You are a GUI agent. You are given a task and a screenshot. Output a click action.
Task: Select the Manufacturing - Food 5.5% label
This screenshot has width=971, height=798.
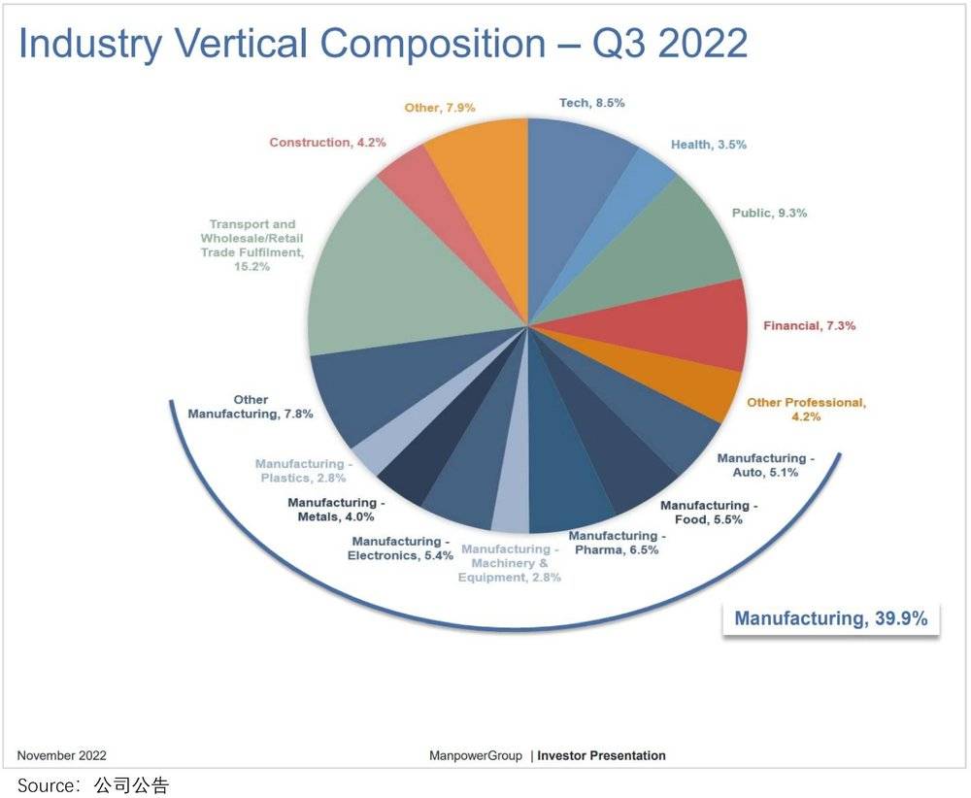(x=709, y=513)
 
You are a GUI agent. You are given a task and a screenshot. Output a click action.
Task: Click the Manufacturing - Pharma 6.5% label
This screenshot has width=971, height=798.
(x=617, y=543)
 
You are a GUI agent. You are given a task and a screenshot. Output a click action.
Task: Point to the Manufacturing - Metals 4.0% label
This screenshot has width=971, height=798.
(x=336, y=510)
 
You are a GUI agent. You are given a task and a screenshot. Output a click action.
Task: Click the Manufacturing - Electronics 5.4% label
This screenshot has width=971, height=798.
(x=400, y=549)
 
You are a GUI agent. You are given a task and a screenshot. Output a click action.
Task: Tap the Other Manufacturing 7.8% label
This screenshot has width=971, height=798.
(x=251, y=407)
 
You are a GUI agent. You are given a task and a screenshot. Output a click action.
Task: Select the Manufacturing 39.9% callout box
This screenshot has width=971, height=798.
(x=830, y=618)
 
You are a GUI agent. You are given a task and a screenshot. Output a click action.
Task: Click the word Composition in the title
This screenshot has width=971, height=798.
(x=418, y=45)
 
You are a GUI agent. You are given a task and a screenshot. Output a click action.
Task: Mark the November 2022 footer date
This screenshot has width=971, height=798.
(x=62, y=755)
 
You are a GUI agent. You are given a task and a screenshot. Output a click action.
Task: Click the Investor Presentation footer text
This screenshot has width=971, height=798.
(x=601, y=755)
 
